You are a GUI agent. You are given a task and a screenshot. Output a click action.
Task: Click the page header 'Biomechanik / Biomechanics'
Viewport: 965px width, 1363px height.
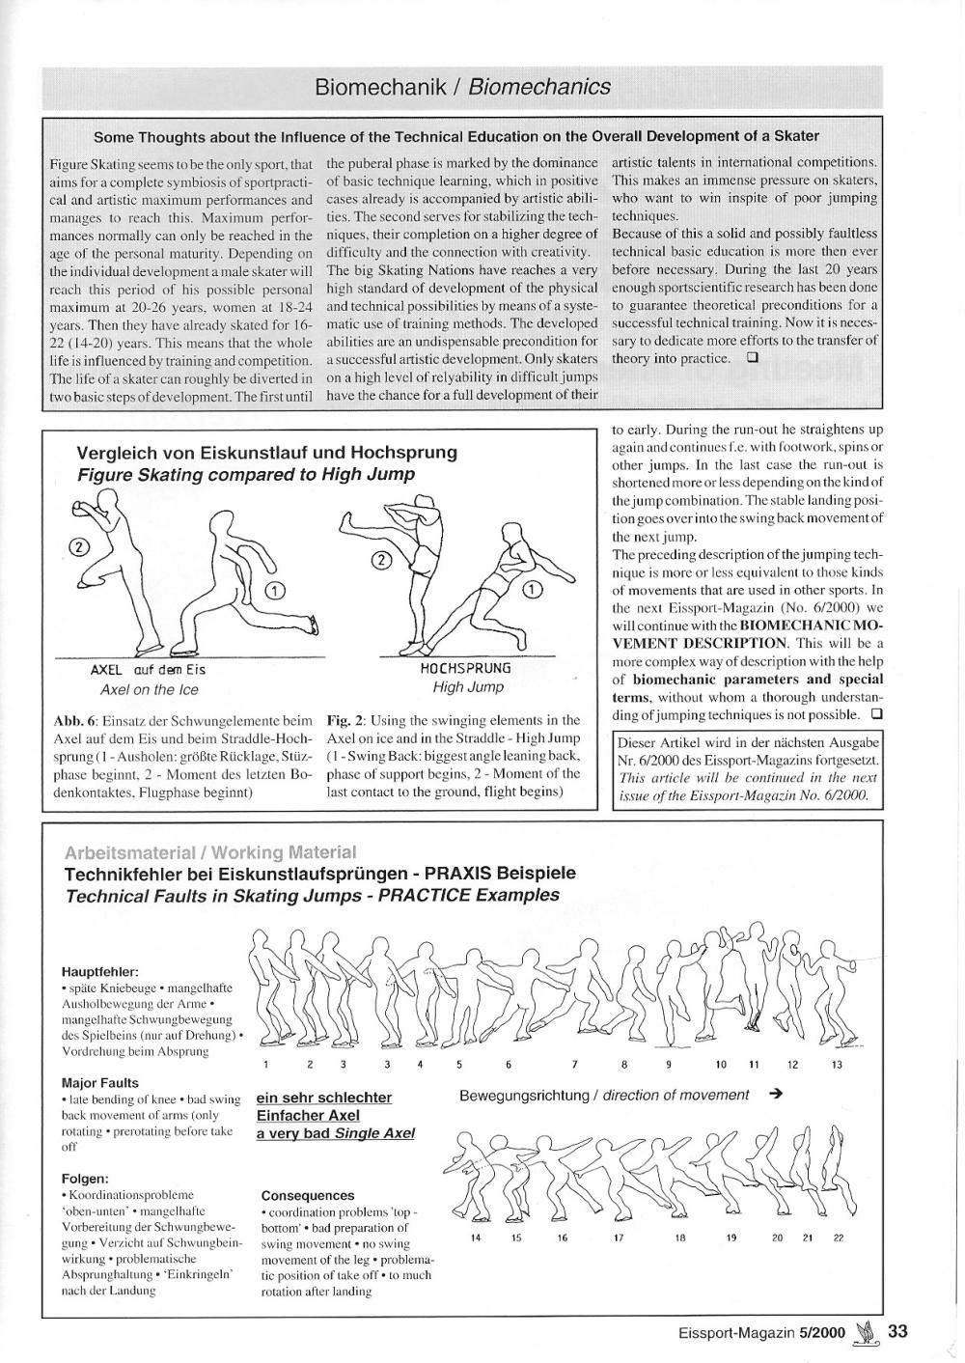pyautogui.click(x=462, y=87)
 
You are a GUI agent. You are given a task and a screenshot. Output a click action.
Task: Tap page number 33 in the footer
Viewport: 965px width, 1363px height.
pyautogui.click(x=897, y=1331)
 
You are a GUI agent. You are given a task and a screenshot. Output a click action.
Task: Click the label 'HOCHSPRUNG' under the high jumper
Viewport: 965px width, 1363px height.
pyautogui.click(x=466, y=668)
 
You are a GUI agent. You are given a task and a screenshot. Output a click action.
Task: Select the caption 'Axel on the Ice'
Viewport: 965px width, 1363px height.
pyautogui.click(x=150, y=689)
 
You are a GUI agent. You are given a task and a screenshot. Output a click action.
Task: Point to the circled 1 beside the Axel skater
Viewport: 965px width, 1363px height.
pyautogui.click(x=274, y=591)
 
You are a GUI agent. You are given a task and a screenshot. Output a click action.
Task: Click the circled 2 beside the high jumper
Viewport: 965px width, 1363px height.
pyautogui.click(x=382, y=560)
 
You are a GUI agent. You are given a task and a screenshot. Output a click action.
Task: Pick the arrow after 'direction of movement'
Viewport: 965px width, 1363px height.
pyautogui.click(x=776, y=1095)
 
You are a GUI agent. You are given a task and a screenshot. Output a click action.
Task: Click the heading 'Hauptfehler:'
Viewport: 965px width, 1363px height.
pyautogui.click(x=100, y=971)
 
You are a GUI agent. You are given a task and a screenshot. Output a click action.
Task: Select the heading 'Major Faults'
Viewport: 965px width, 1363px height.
pyautogui.click(x=100, y=1083)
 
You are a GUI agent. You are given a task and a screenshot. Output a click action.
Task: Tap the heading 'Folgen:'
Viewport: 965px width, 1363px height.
pyautogui.click(x=85, y=1179)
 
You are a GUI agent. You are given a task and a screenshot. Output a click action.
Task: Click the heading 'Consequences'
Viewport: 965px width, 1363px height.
pyautogui.click(x=308, y=1195)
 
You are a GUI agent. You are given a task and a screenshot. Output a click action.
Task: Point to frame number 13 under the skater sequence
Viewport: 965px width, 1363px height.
pyautogui.click(x=837, y=1065)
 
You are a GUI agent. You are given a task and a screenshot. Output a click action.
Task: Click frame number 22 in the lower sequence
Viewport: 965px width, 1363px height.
pyautogui.click(x=838, y=1238)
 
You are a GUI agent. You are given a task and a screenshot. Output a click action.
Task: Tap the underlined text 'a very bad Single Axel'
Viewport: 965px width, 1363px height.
pyautogui.click(x=335, y=1133)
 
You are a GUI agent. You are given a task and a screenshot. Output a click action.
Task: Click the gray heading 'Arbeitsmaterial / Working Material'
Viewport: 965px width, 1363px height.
pyautogui.click(x=209, y=852)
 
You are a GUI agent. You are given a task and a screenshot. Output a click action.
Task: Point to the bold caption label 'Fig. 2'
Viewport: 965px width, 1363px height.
pyautogui.click(x=345, y=720)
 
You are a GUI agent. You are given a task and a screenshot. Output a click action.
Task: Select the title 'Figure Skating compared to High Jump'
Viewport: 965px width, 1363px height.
pyautogui.click(x=246, y=474)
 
